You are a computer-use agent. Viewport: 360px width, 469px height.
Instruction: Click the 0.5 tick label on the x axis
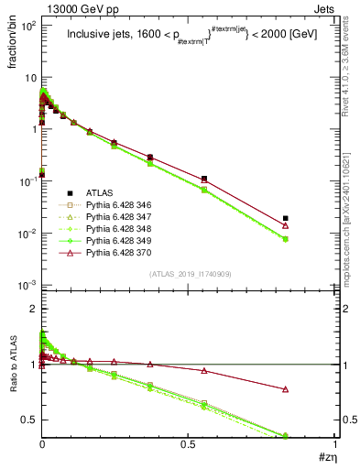click(189, 445)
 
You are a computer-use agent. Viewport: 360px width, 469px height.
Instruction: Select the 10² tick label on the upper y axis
click(27, 26)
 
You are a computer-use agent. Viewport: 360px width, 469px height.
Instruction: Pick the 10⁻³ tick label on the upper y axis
click(27, 287)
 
